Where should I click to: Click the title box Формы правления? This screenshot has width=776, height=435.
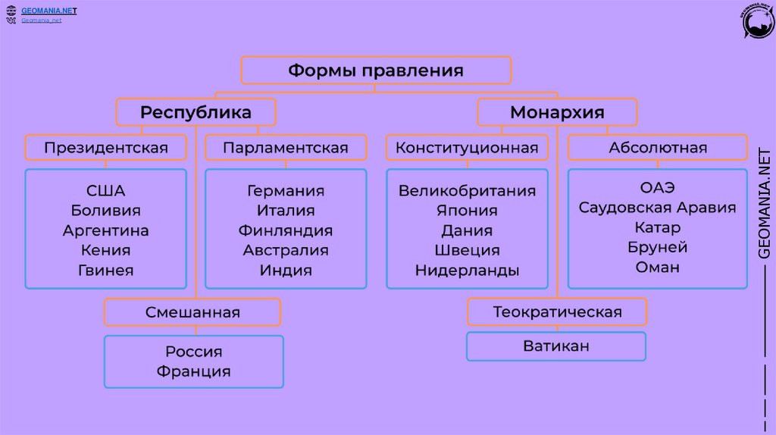376,70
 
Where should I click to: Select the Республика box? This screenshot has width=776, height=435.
196,112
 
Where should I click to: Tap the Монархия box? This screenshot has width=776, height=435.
557,112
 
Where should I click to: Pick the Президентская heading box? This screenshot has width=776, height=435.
105,147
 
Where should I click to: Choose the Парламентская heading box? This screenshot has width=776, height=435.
286,147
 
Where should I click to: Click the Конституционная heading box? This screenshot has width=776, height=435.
467,147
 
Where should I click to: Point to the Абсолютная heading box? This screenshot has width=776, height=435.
658,147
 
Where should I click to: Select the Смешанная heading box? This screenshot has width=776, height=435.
192,312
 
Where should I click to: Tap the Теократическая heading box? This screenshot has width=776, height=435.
557,311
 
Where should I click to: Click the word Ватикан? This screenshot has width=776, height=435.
556,346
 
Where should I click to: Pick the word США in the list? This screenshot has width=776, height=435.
106,190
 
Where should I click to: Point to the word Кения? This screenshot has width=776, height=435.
106,250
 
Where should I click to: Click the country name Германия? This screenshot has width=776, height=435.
286,190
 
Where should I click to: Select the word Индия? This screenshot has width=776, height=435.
286,270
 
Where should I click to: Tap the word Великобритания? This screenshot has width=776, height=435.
467,190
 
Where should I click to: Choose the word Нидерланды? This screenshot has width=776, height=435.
467,270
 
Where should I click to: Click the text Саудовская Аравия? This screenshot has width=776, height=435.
658,207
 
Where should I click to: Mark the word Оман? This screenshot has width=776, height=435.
658,267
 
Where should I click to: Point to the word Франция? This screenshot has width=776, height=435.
194,371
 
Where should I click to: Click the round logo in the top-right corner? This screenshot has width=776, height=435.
758,22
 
